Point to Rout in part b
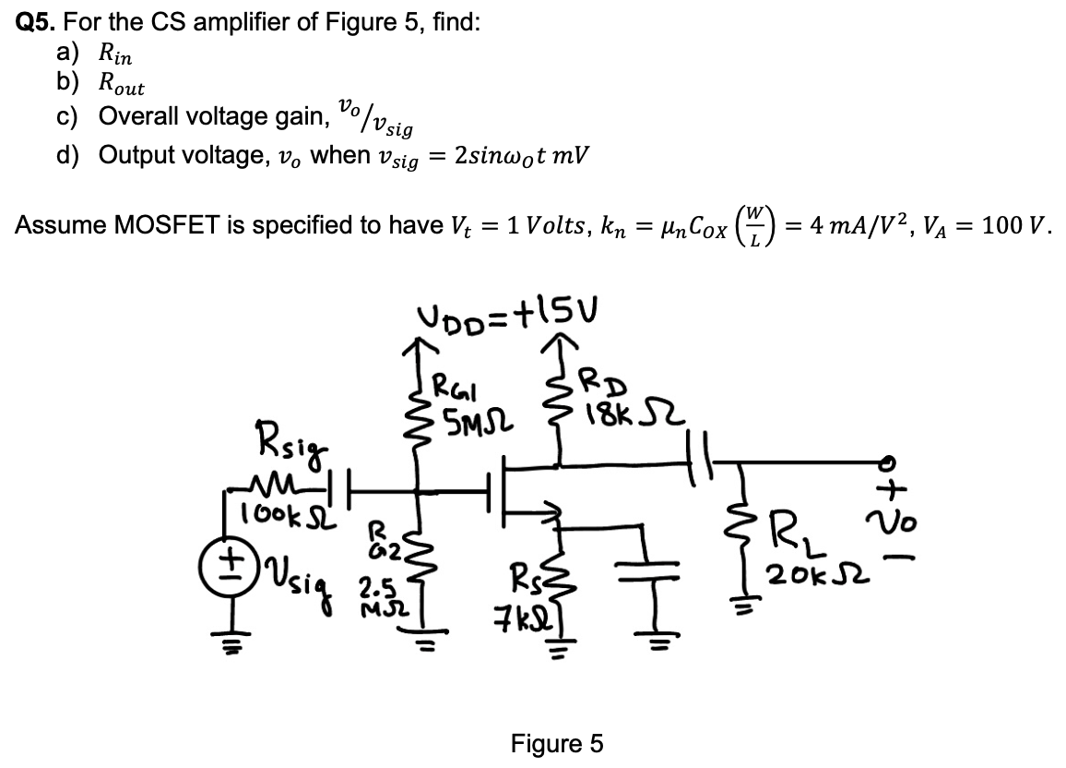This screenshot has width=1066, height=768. click(x=121, y=85)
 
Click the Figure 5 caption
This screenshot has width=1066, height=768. click(x=557, y=743)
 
